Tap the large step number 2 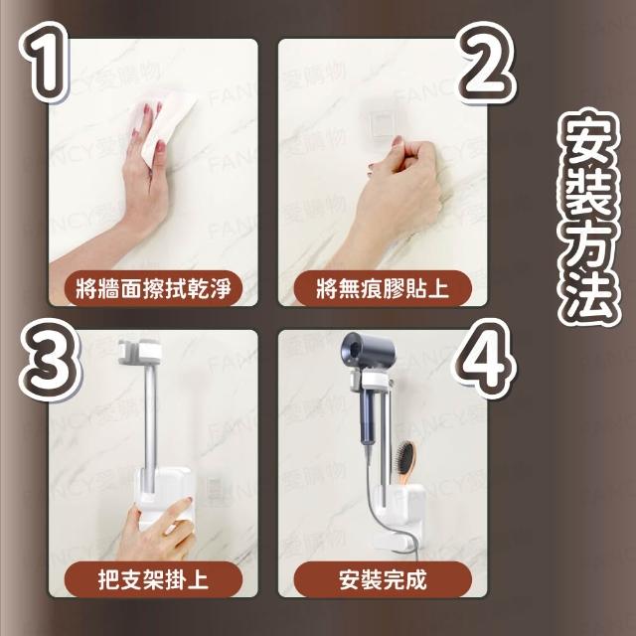pos(486,63)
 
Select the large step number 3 pos(50,360)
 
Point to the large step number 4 pos(485,359)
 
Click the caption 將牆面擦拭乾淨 pos(153,288)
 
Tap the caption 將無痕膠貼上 pos(383,288)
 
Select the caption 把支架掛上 pos(153,579)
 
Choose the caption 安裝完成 pos(383,579)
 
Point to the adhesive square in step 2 pos(382,121)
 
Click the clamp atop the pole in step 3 pos(140,351)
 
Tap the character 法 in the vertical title pos(589,293)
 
